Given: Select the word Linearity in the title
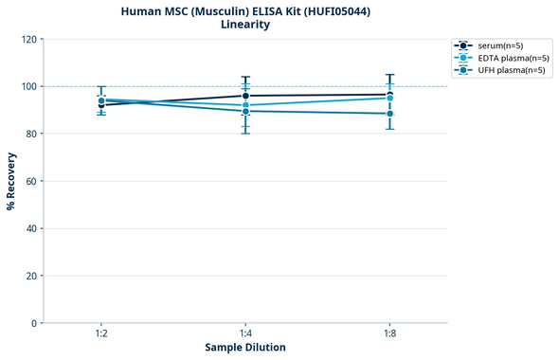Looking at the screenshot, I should (x=244, y=25).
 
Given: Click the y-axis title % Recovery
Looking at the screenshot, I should (x=11, y=180).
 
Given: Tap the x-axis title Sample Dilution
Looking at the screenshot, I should (x=244, y=348).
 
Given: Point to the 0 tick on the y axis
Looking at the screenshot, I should (x=33, y=323).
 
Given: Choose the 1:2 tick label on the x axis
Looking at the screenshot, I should (x=100, y=334).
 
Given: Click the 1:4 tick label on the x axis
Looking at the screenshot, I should (x=245, y=334).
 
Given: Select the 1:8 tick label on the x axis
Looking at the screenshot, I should (x=389, y=334).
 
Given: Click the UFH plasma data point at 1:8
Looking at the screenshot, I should (x=389, y=114).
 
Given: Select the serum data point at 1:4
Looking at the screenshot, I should (x=245, y=96).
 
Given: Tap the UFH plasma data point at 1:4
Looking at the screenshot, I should (x=245, y=111).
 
